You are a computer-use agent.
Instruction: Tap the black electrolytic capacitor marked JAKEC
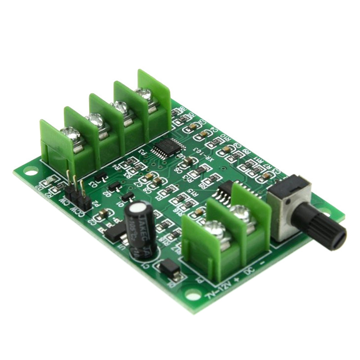point(140,229)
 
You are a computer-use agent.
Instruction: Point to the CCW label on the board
point(76,208)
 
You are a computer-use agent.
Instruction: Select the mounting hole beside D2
point(31,171)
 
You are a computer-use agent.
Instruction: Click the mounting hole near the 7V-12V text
point(193,296)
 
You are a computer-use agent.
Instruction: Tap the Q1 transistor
point(127,196)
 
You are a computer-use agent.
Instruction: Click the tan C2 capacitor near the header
point(102,213)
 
